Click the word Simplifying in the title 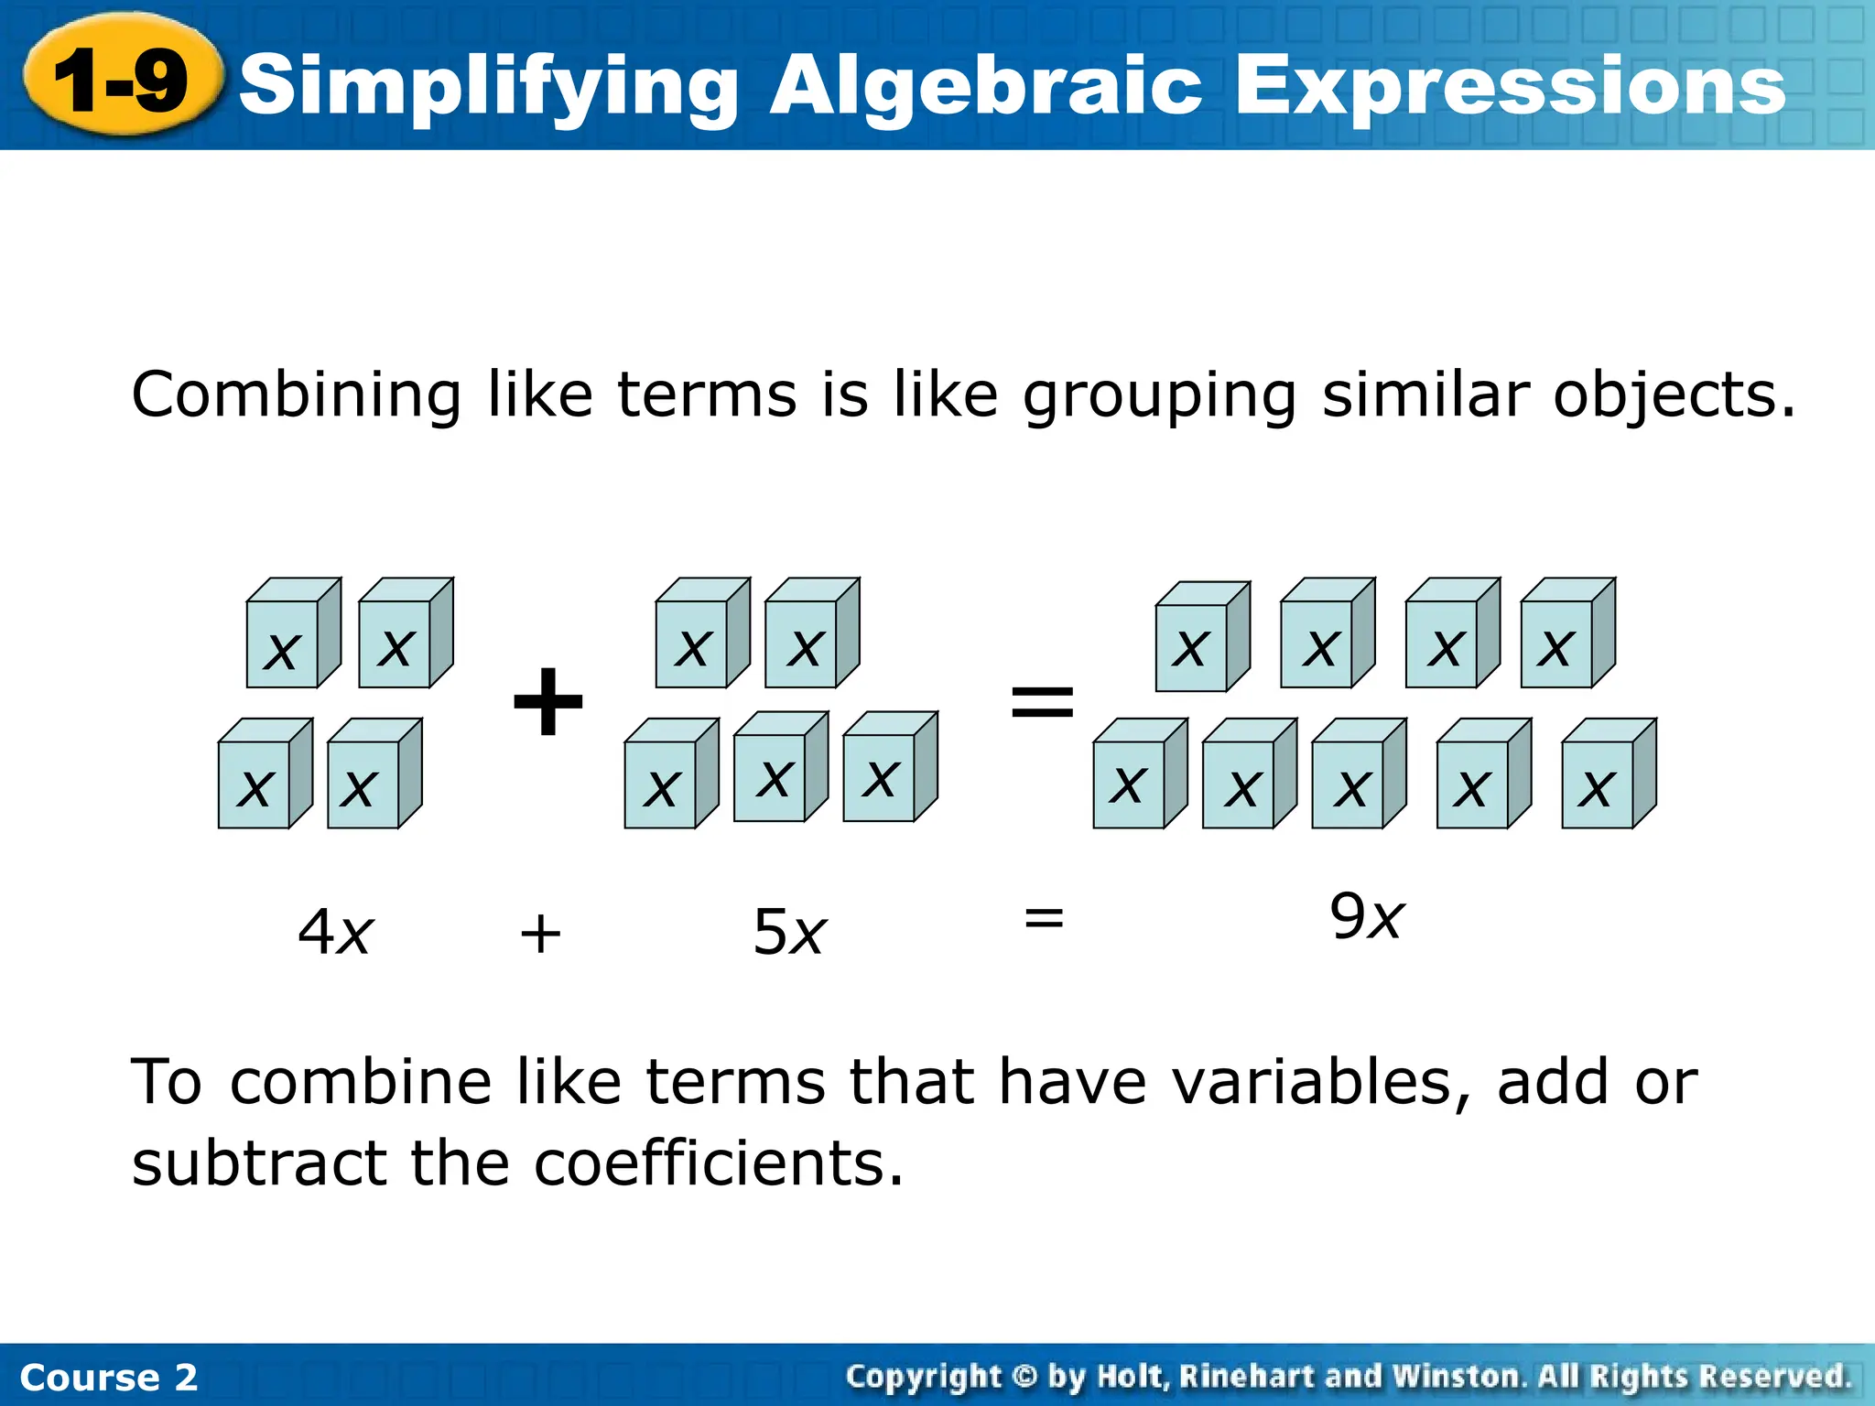point(489,87)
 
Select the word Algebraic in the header point(985,87)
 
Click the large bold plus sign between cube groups point(547,701)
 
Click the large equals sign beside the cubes point(1042,701)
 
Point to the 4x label point(335,933)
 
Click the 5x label point(789,933)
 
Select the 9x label point(1366,916)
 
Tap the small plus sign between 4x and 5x point(540,935)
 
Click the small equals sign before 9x point(1044,917)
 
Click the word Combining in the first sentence point(296,395)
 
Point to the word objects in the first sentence point(1674,395)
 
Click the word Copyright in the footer point(923,1377)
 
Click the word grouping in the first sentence point(1159,395)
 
